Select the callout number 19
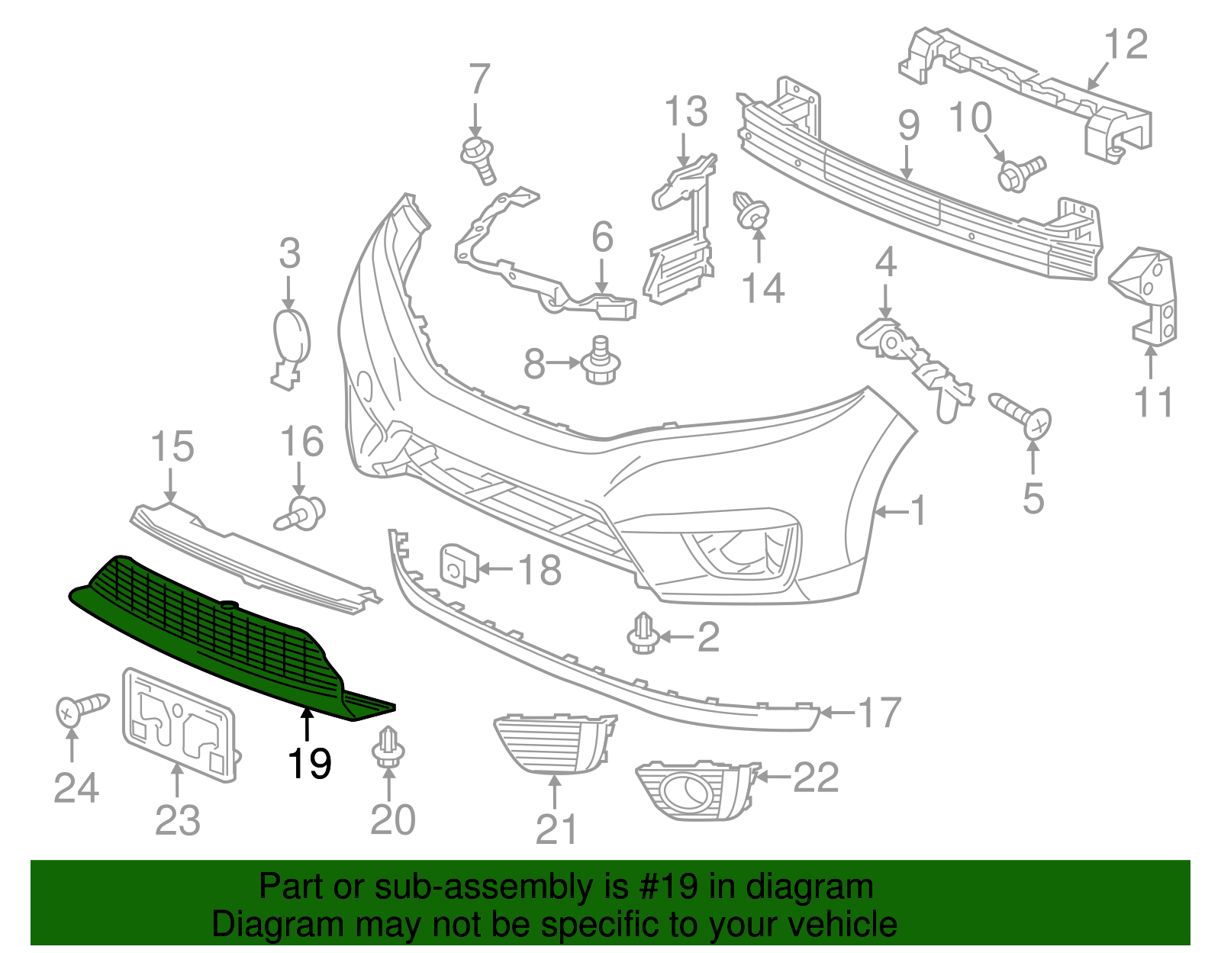point(310,763)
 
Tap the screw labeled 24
point(80,709)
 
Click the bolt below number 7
point(478,158)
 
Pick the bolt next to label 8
point(600,362)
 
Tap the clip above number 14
point(752,211)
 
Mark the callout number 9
point(908,126)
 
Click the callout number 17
point(880,713)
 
